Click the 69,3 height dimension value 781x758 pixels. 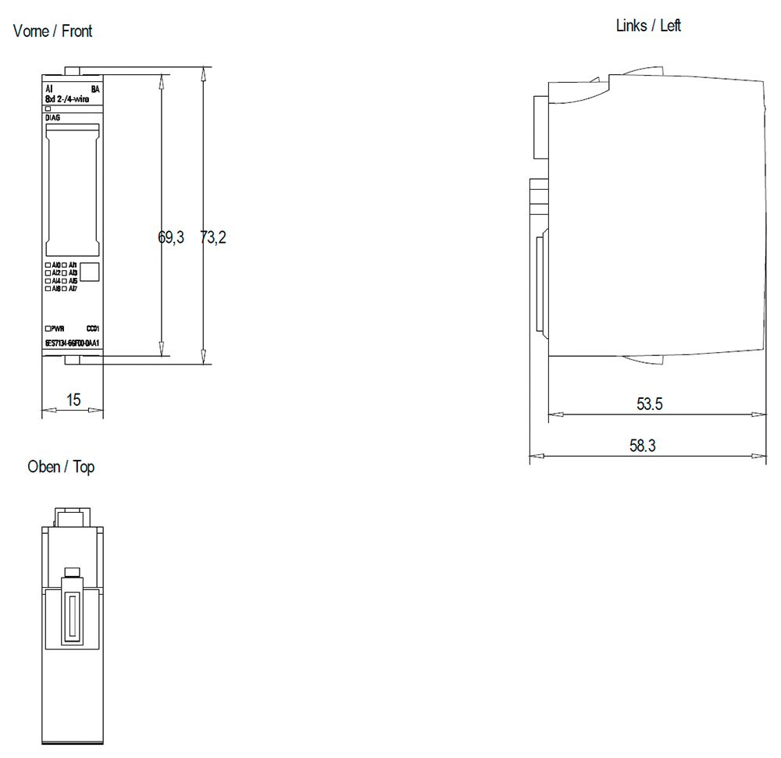171,237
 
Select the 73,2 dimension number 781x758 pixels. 212,237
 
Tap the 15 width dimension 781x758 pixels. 73,400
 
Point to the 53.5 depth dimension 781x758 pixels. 650,404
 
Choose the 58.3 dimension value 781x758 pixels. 643,446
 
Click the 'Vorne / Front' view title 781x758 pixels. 52,31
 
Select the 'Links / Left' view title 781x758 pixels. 648,25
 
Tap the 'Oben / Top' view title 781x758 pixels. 61,467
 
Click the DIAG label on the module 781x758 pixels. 52,118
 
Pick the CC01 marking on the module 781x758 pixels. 92,329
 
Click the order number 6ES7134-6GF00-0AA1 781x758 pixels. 72,343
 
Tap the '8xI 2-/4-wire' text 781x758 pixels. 66,99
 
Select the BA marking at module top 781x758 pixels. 95,89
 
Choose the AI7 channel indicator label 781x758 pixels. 73,289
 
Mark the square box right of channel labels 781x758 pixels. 90,272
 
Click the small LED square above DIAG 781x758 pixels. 48,109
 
